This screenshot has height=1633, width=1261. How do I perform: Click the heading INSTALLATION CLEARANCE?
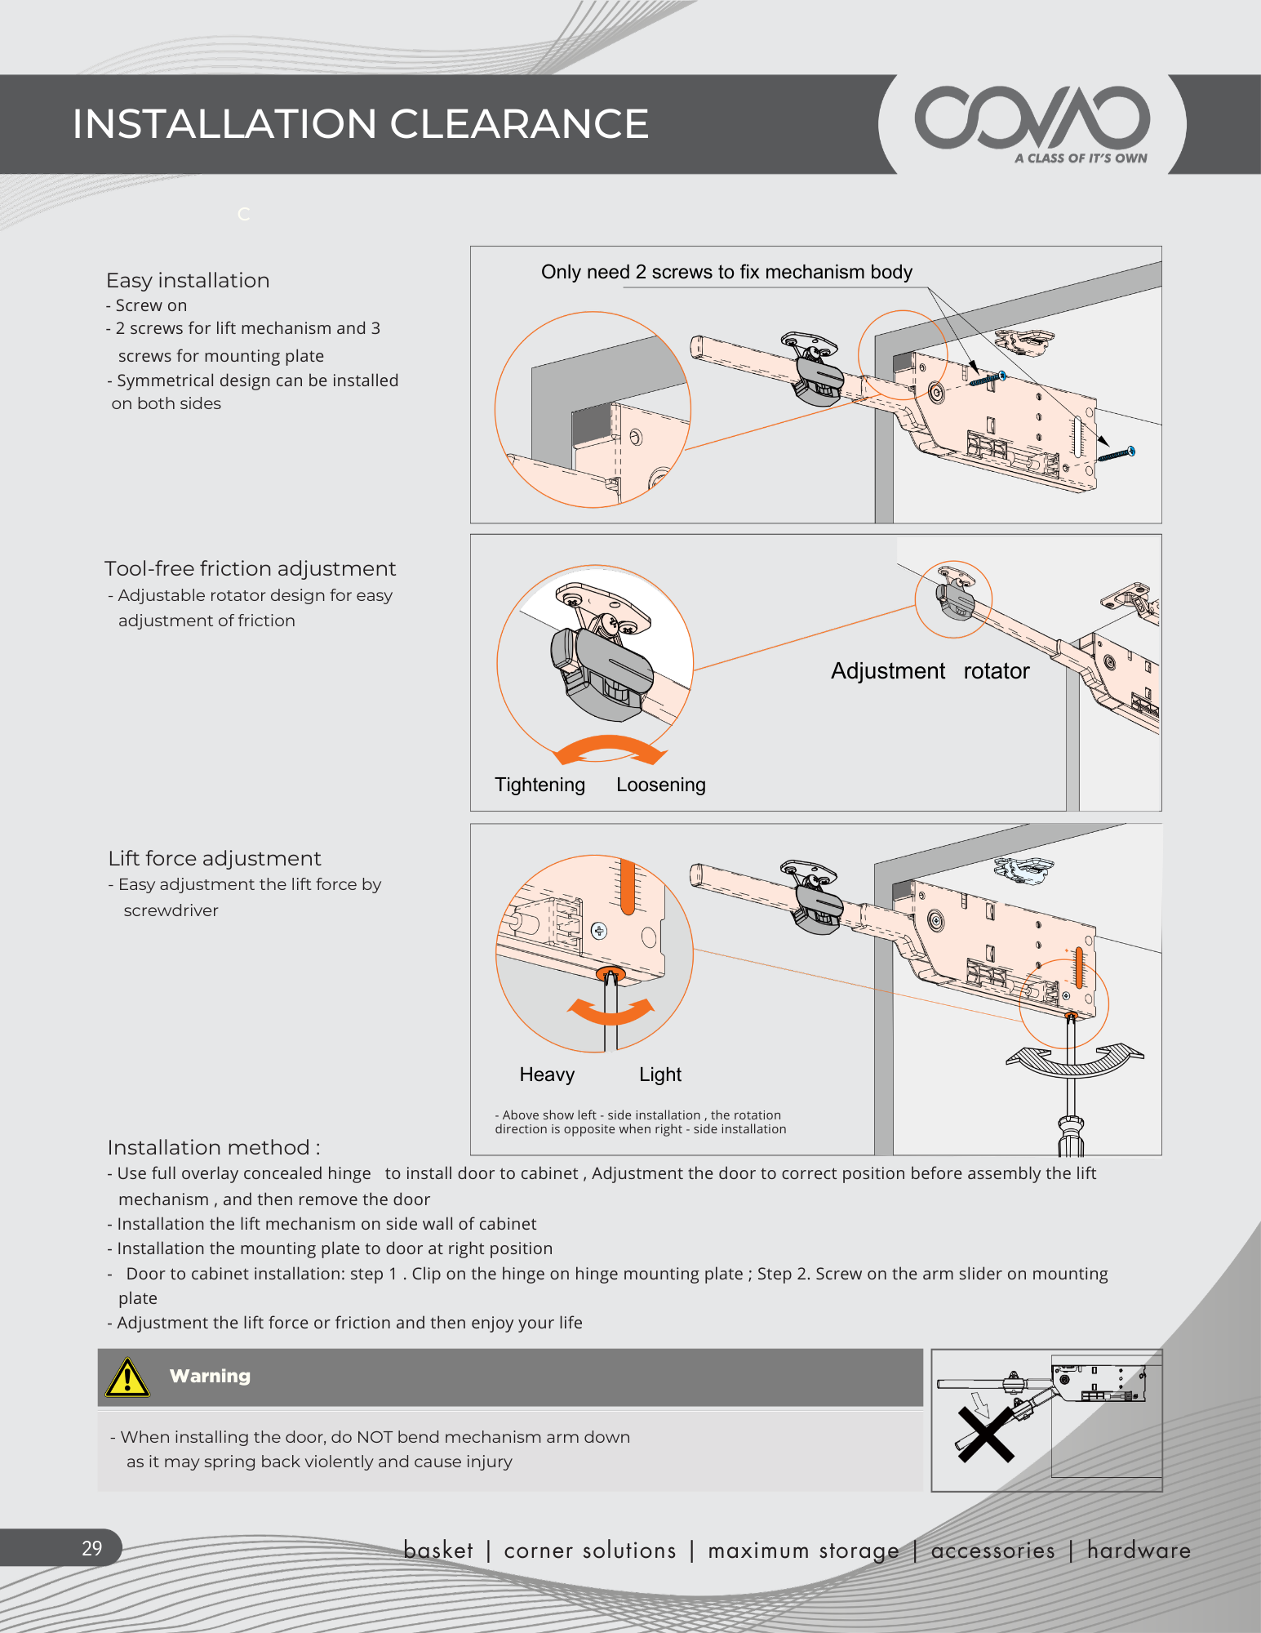360,124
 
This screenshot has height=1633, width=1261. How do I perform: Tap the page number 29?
91,1548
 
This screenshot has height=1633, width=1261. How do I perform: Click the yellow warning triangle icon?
127,1378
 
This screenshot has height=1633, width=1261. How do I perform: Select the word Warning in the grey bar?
210,1376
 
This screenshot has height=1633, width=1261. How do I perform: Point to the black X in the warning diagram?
985,1435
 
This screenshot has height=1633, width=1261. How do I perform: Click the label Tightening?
539,785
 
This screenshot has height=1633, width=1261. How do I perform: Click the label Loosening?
660,785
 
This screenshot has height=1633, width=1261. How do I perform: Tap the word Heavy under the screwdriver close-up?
547,1075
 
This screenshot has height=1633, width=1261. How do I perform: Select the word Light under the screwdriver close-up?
659,1075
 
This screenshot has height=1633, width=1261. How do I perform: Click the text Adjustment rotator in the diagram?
930,671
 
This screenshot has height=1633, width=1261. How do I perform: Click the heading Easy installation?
188,280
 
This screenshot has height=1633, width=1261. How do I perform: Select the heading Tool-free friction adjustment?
250,568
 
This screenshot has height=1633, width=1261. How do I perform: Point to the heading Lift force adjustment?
215,858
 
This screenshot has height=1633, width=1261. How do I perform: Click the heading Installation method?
213,1147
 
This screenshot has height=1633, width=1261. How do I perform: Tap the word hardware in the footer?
1139,1550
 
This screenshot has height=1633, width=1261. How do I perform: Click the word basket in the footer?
438,1550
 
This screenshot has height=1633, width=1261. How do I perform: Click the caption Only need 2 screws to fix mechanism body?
726,272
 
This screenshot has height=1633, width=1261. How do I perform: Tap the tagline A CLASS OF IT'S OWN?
1081,158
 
